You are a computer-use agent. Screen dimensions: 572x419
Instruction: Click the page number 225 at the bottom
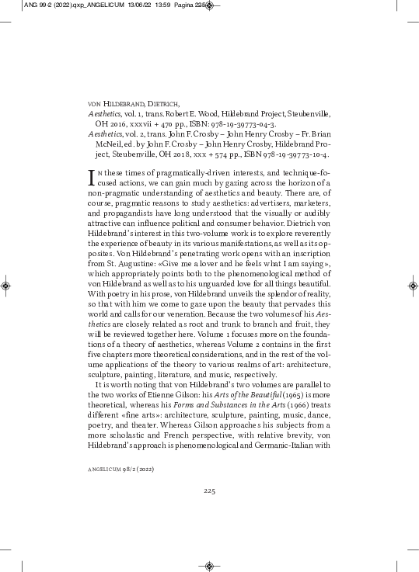click(x=209, y=491)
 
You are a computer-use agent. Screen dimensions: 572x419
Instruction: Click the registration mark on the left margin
click(x=7, y=286)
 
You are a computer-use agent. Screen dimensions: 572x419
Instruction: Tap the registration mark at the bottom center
click(x=209, y=565)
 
